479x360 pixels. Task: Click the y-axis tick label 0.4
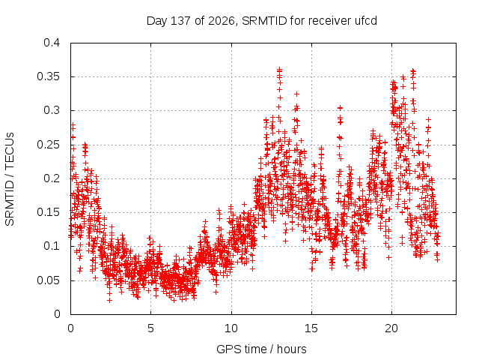pos(52,43)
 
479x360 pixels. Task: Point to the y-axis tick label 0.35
pos(48,76)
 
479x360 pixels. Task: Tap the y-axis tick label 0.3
pos(52,110)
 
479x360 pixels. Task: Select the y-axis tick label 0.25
pos(48,145)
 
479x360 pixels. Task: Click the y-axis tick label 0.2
pos(52,178)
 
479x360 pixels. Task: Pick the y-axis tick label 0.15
pos(48,212)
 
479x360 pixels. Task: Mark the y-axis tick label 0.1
pos(52,246)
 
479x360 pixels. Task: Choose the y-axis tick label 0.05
pos(48,280)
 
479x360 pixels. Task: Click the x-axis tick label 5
pos(151,328)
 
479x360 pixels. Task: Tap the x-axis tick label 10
pos(231,328)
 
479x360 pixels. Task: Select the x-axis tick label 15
pos(311,328)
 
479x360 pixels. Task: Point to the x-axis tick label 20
pos(391,328)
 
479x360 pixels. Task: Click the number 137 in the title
pos(180,21)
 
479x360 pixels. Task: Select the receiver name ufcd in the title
pos(366,21)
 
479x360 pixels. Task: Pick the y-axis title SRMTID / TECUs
pos(10,179)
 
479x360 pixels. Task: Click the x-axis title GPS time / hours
pos(261,349)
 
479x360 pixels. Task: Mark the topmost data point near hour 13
pos(279,70)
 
